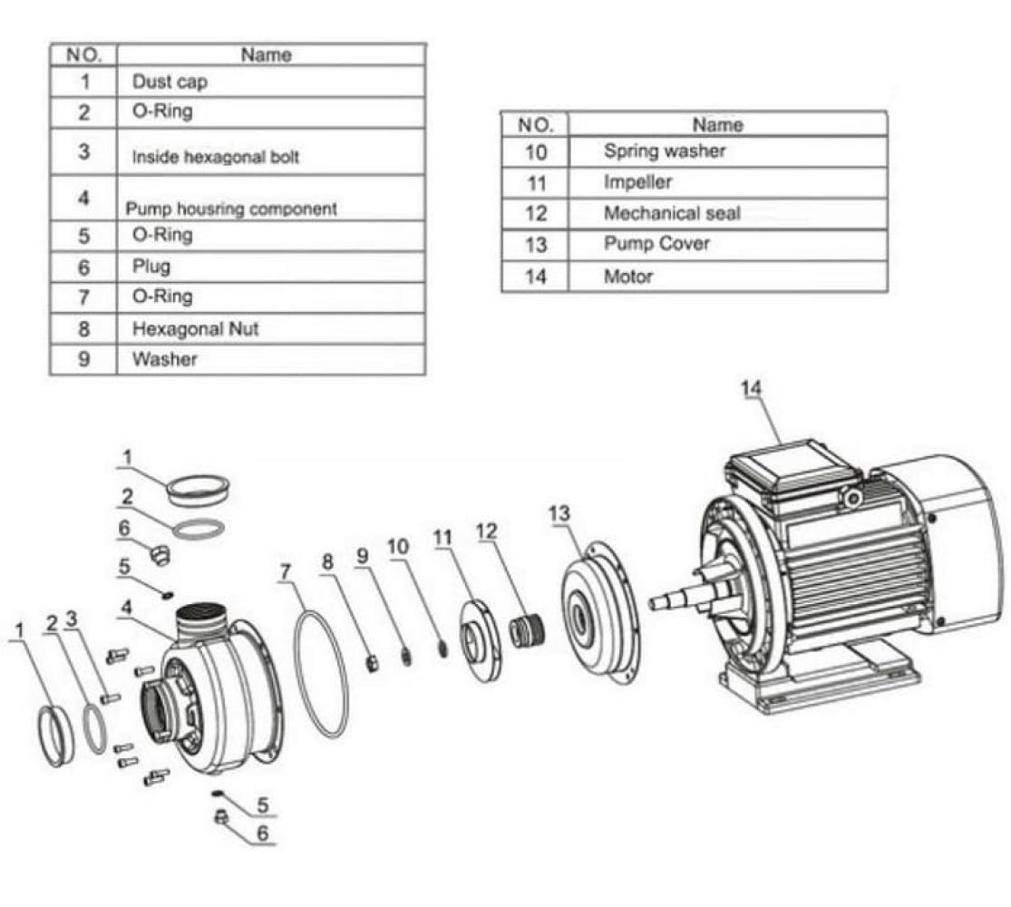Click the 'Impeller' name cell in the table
pyautogui.click(x=638, y=182)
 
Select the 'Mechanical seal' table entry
pyautogui.click(x=672, y=214)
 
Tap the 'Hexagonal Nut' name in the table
pyautogui.click(x=195, y=328)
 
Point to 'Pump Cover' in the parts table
pyautogui.click(x=656, y=244)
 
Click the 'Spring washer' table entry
pyautogui.click(x=665, y=151)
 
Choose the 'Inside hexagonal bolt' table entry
pyautogui.click(x=216, y=157)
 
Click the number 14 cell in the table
pyautogui.click(x=535, y=277)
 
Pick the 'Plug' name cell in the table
pyautogui.click(x=151, y=267)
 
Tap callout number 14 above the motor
pyautogui.click(x=751, y=388)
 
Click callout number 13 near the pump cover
pyautogui.click(x=560, y=514)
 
